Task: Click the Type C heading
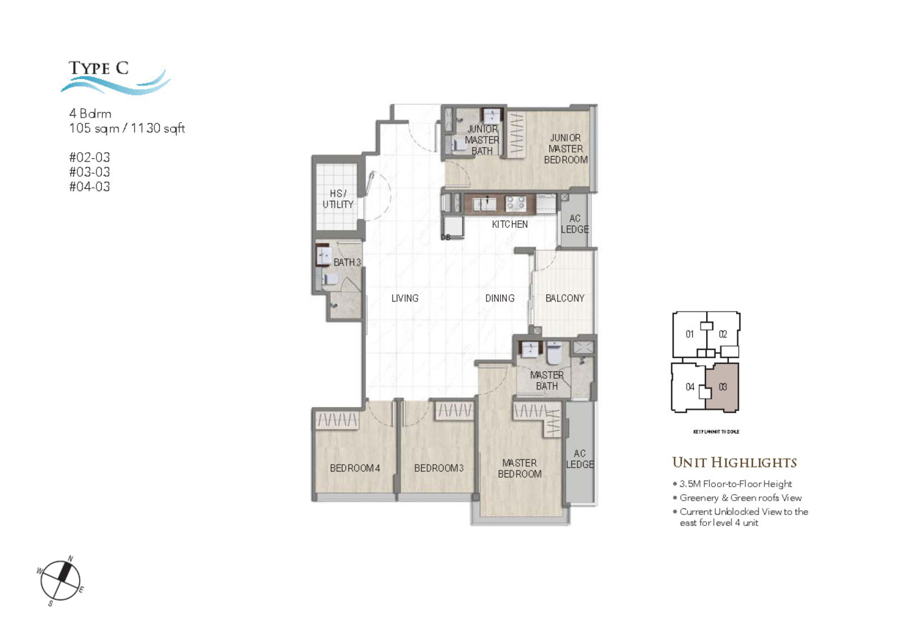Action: (x=99, y=68)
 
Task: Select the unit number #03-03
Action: (x=90, y=172)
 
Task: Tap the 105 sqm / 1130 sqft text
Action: (x=127, y=128)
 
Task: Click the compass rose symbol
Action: (x=60, y=580)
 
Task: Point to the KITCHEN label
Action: (x=510, y=224)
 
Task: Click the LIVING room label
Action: (x=405, y=298)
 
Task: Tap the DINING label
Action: (x=500, y=298)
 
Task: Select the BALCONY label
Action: (x=564, y=298)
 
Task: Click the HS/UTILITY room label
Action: (x=338, y=199)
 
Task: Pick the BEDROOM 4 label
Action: (x=355, y=468)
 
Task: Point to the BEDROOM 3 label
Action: (x=438, y=468)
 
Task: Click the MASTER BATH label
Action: (x=546, y=381)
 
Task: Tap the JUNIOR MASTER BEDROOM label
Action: (x=565, y=149)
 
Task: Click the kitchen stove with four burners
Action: (x=516, y=204)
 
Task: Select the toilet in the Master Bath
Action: (x=554, y=353)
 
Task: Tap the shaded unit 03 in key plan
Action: (x=722, y=387)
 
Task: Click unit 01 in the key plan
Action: (x=690, y=334)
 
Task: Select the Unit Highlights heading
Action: (x=734, y=463)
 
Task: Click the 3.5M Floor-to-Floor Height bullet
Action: (x=735, y=484)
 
